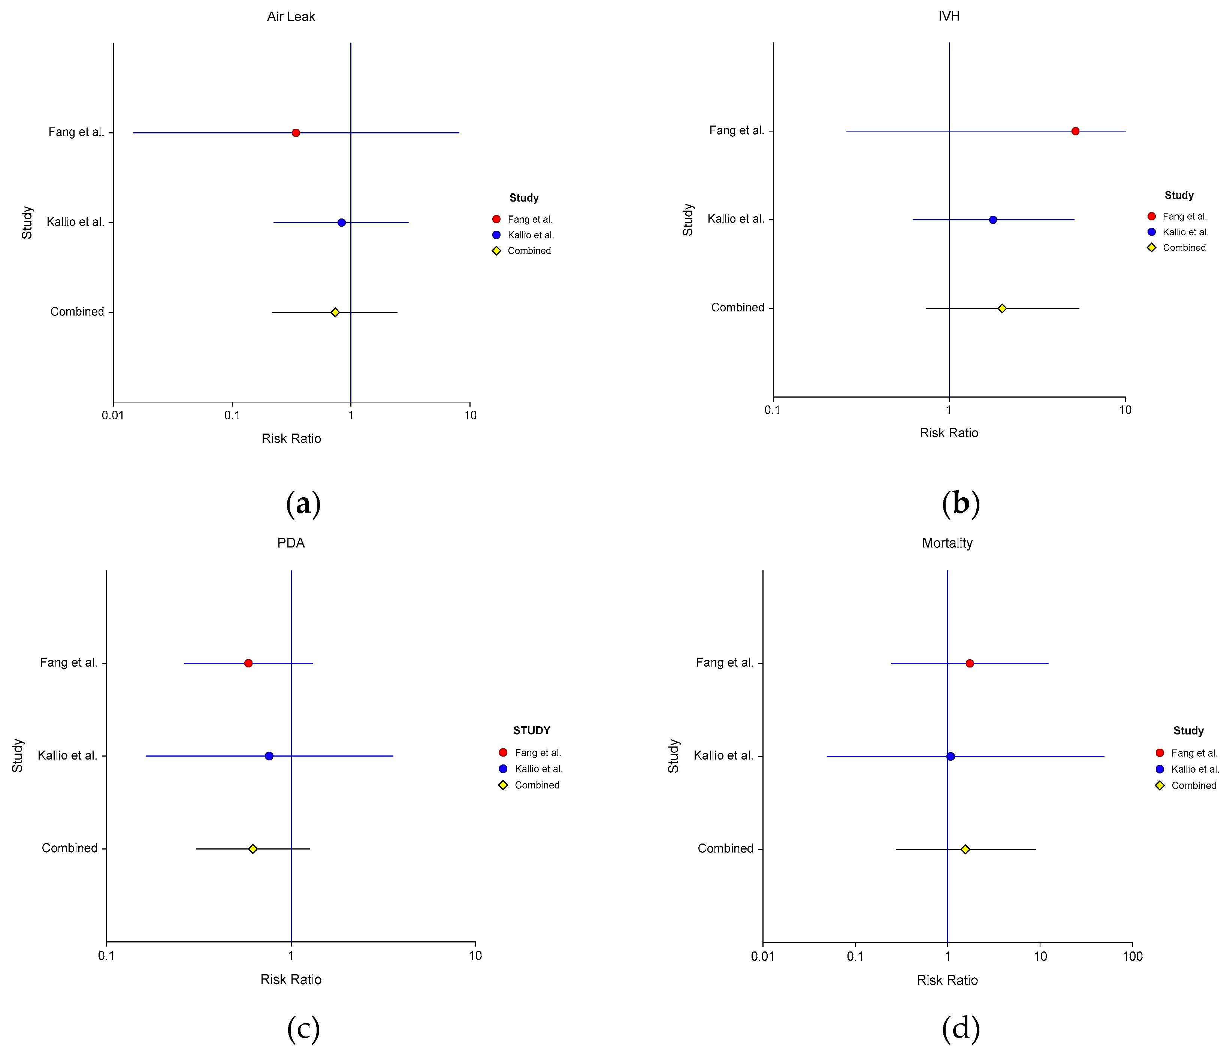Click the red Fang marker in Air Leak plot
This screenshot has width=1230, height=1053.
[x=296, y=132]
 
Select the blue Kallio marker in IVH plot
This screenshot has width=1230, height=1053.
[x=992, y=220]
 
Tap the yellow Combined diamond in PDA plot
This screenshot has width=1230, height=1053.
[x=253, y=849]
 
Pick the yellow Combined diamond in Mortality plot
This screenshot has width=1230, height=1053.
[x=965, y=849]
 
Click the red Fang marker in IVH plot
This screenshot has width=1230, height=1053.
[x=1075, y=131]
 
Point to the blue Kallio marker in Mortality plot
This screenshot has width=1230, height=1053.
[x=951, y=756]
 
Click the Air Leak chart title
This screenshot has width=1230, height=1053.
[x=291, y=16]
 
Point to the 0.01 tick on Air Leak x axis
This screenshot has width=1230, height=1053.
[x=113, y=415]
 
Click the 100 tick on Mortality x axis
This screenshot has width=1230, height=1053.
[x=1133, y=956]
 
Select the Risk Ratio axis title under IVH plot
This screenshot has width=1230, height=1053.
[x=949, y=433]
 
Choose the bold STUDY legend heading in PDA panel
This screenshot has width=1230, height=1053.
[x=531, y=730]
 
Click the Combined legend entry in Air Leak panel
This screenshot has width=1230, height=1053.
[x=528, y=251]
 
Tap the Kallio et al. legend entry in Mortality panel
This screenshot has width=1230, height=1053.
[x=1194, y=769]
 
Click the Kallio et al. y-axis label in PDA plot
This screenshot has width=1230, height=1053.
[x=67, y=755]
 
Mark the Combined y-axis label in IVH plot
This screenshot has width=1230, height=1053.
[x=737, y=308]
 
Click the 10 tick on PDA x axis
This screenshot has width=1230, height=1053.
[x=475, y=956]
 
